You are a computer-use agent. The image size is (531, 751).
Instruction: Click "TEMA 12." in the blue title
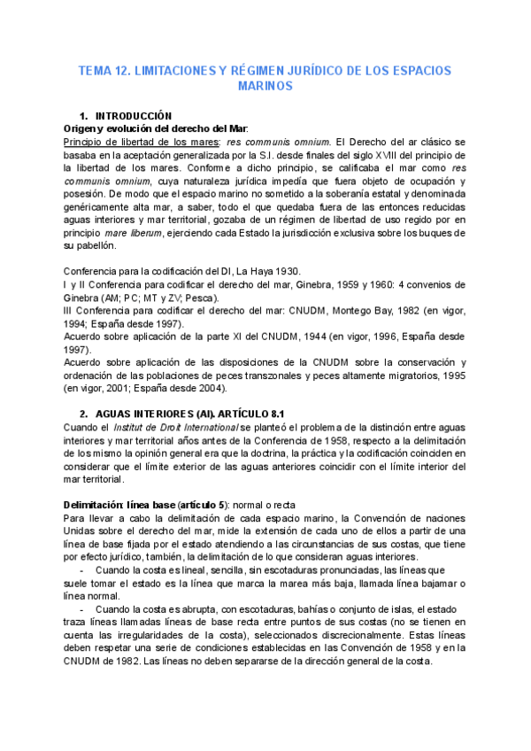pyautogui.click(x=103, y=70)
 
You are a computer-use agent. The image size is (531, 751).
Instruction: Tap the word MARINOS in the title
pyautogui.click(x=265, y=87)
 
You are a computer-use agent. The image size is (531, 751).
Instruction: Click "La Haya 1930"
pyautogui.click(x=267, y=271)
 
